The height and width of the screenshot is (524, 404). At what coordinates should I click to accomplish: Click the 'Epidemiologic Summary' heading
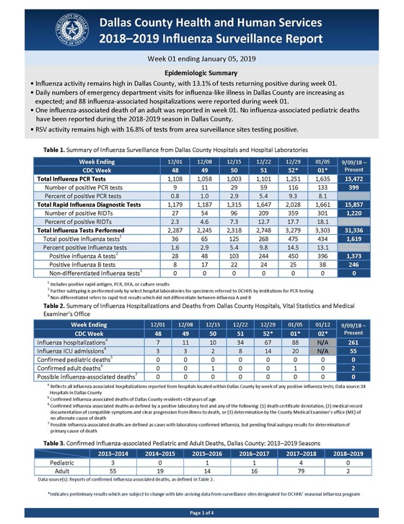tap(201, 74)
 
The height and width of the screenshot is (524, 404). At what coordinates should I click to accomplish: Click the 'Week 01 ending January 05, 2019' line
tap(201, 57)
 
